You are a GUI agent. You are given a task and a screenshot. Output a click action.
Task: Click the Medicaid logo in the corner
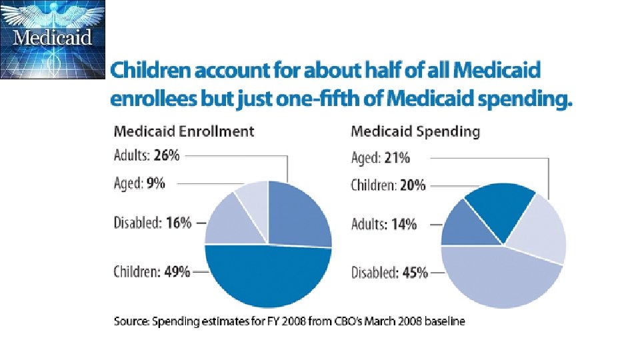(x=53, y=39)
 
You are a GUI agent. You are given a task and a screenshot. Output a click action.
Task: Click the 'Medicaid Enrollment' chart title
(x=184, y=131)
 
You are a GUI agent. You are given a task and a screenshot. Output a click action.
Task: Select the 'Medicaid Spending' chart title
(x=415, y=131)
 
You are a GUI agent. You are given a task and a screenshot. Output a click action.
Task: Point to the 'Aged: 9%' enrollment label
(x=140, y=182)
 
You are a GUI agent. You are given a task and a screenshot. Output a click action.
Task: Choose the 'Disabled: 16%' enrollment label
(x=153, y=223)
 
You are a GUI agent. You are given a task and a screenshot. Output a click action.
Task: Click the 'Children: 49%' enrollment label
(x=153, y=271)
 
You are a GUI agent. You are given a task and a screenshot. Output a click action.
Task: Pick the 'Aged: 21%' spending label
(x=381, y=158)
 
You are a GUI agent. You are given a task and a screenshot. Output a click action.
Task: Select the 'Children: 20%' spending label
(x=388, y=185)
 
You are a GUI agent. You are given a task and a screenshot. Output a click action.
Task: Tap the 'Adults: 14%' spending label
(x=384, y=224)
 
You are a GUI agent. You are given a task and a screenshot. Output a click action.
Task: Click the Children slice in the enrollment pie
(x=267, y=277)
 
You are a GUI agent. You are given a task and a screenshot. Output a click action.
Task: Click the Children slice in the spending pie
(x=500, y=207)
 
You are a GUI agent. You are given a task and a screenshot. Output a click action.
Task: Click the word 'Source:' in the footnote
(x=131, y=321)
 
